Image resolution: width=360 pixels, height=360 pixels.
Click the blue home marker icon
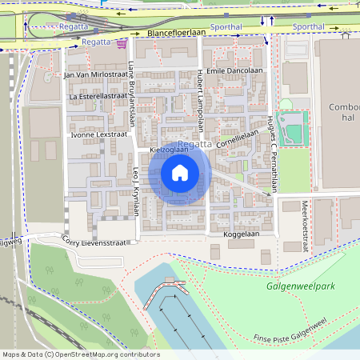(x=180, y=172)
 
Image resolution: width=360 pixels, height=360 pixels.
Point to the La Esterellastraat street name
(x=99, y=96)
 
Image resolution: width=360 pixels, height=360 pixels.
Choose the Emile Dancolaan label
(x=234, y=71)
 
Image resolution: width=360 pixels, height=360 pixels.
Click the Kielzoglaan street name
(x=170, y=150)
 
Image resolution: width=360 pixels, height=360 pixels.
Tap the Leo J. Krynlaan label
(x=135, y=191)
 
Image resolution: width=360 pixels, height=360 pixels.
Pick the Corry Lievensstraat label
(x=95, y=240)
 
